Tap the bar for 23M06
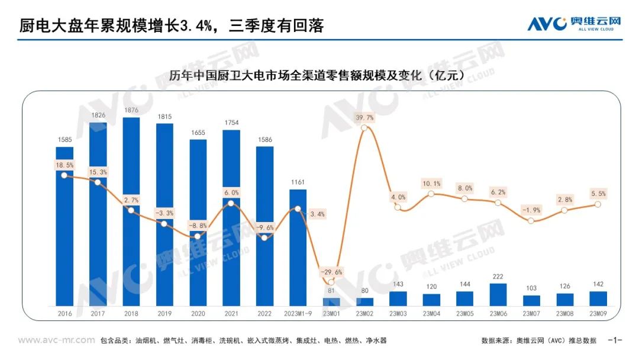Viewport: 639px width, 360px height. [x=498, y=294]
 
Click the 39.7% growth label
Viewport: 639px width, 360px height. [x=365, y=117]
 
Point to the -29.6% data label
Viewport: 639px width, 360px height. [x=331, y=272]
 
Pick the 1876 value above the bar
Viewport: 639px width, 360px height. [x=131, y=110]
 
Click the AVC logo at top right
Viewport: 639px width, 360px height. [x=575, y=24]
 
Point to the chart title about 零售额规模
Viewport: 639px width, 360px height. [x=316, y=76]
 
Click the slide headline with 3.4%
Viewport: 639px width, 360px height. [x=172, y=25]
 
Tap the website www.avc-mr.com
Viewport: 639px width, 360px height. [x=56, y=340]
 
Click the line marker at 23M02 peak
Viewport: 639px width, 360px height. [x=365, y=127]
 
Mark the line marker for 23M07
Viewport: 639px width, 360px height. [x=531, y=221]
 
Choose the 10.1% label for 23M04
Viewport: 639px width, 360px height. [x=431, y=183]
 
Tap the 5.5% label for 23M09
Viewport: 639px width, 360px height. [x=598, y=194]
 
